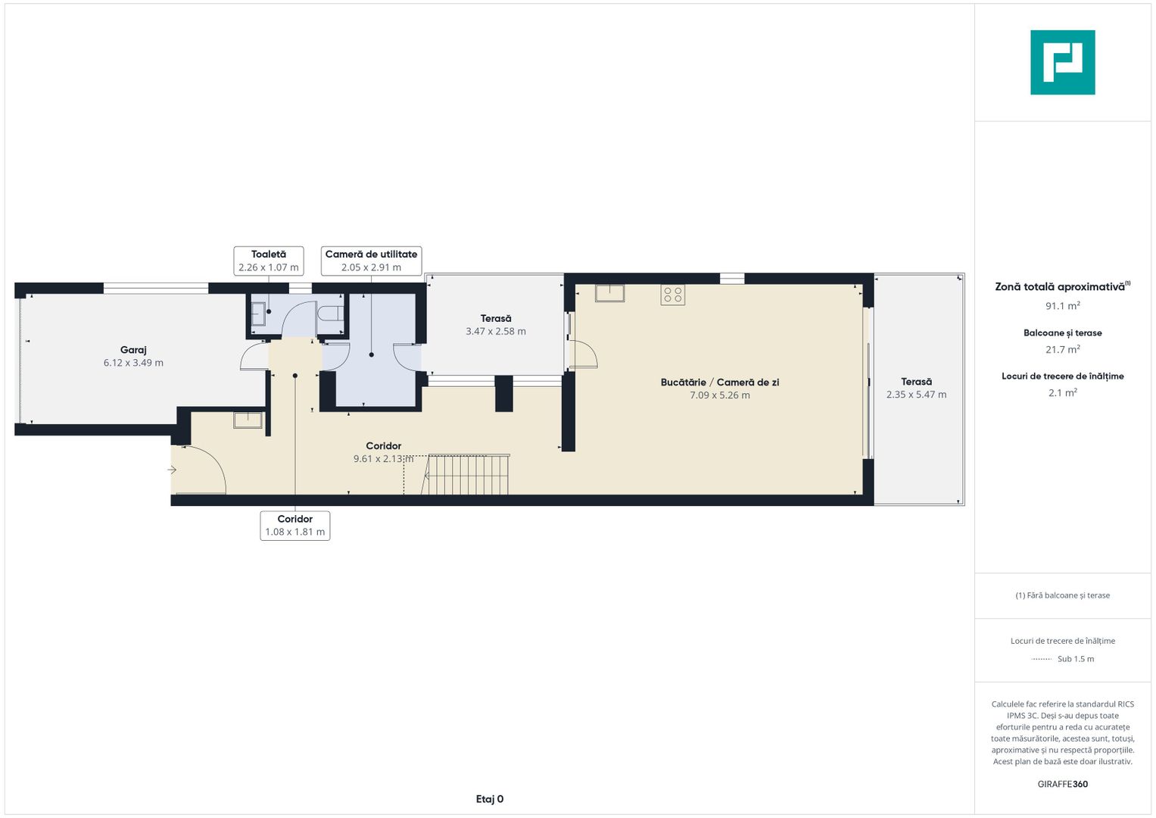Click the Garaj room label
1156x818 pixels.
tap(133, 350)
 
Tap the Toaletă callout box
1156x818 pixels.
tap(268, 261)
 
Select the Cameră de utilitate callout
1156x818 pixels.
tap(371, 261)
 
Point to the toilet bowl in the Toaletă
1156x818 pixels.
tap(331, 314)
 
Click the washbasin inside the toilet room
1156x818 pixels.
tap(259, 312)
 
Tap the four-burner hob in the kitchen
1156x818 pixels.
tap(672, 295)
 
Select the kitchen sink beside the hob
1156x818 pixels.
tap(609, 293)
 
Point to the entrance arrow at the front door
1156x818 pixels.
tap(172, 470)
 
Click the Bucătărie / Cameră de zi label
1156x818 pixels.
tap(720, 382)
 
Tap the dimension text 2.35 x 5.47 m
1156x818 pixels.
tap(917, 395)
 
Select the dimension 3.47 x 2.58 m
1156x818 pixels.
tap(496, 332)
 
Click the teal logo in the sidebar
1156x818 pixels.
tap(1063, 62)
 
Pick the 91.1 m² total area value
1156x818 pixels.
tap(1063, 306)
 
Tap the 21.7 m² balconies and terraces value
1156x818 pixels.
tap(1063, 350)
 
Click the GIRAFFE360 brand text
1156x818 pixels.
tap(1063, 784)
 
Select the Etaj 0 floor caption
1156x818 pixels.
tap(490, 799)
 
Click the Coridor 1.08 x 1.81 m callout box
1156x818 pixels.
tap(295, 526)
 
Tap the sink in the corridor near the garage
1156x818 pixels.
tap(248, 420)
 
